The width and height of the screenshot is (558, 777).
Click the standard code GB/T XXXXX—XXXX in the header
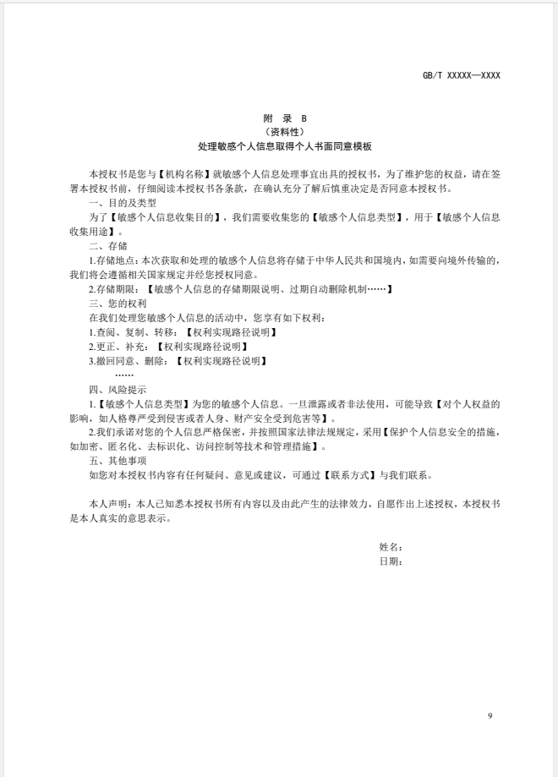click(462, 75)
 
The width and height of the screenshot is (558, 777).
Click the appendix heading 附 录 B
click(278, 119)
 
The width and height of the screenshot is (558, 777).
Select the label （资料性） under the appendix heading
click(278, 133)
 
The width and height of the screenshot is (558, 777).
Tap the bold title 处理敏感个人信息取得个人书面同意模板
click(278, 146)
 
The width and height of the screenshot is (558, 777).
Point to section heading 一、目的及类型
click(122, 203)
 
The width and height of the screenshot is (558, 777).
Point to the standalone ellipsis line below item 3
click(124, 375)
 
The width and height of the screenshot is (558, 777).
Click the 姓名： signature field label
click(391, 548)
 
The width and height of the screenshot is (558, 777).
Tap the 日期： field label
click(391, 561)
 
